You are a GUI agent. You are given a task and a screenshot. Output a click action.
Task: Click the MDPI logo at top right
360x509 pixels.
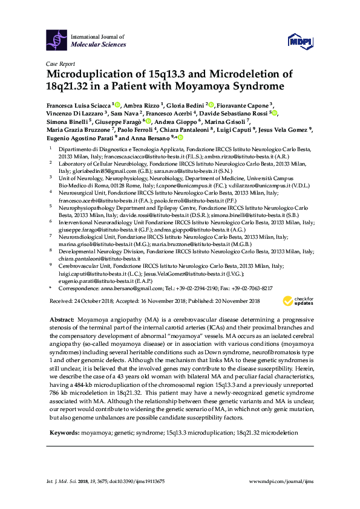303,41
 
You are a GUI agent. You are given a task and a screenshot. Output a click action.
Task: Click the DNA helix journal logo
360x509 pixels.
57,41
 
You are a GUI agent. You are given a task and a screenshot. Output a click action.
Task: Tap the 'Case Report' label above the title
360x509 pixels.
60,63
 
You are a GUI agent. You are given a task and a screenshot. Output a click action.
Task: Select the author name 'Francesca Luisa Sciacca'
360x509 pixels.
77,104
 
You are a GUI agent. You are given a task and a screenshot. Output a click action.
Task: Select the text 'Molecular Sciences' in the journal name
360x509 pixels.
97,45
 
